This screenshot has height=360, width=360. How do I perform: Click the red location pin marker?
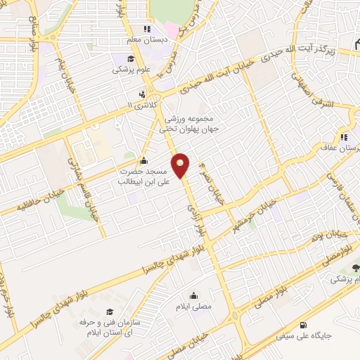181,166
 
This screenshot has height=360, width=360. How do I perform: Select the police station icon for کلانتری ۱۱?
143,94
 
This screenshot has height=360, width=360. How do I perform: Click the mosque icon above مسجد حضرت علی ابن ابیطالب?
144,160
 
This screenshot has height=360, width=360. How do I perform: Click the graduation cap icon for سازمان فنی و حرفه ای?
108,311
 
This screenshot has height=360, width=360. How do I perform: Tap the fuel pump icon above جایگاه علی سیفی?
303,325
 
